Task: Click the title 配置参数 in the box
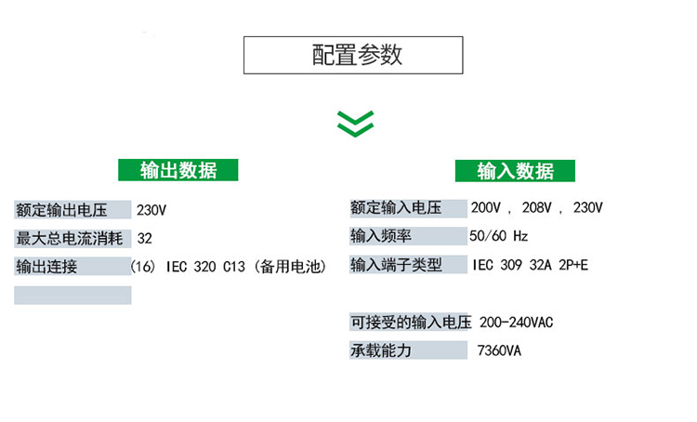[357, 55]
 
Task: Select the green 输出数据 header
[178, 170]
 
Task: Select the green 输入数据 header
[515, 171]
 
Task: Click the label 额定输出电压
[61, 210]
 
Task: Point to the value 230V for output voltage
[151, 210]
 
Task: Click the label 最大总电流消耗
[70, 238]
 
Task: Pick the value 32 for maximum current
[144, 238]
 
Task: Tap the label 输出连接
[46, 267]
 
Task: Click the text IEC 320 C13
[205, 267]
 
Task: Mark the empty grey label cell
[72, 296]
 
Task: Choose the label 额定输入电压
[396, 207]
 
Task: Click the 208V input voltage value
[536, 207]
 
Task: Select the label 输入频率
[381, 236]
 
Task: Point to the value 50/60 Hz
[499, 236]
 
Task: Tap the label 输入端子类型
[396, 265]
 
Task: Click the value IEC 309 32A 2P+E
[531, 266]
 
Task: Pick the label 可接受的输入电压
[411, 322]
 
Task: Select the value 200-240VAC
[516, 323]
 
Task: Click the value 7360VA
[499, 350]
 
